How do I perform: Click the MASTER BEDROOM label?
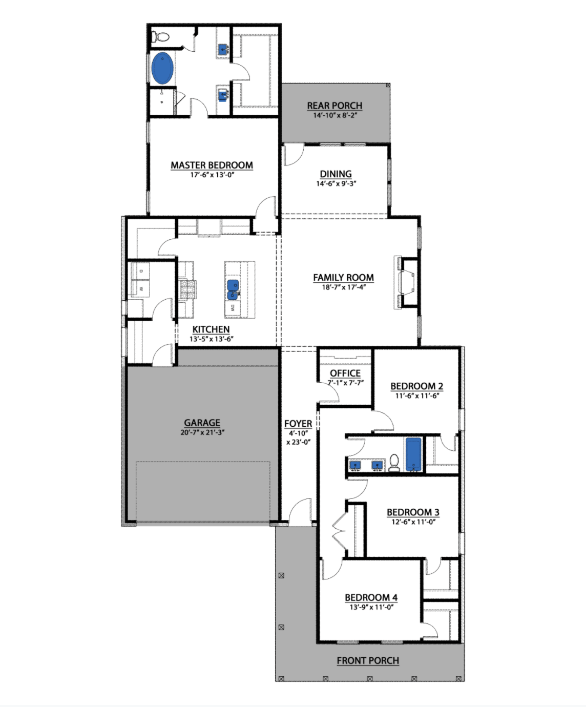(x=212, y=165)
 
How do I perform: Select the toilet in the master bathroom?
(x=160, y=36)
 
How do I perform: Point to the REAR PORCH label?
(x=334, y=106)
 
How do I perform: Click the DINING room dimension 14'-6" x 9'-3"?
(x=336, y=183)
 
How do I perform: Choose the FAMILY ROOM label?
(x=343, y=278)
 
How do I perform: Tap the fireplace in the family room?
(x=406, y=282)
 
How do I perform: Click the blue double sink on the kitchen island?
(x=233, y=290)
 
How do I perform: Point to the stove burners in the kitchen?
(x=188, y=290)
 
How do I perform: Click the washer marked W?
(x=141, y=288)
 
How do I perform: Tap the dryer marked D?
(x=141, y=271)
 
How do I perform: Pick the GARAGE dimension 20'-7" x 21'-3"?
(x=202, y=432)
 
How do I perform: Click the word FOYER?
(x=298, y=424)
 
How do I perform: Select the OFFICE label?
(x=345, y=373)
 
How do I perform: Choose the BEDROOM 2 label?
(x=417, y=386)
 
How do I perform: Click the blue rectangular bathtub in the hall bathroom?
(x=413, y=454)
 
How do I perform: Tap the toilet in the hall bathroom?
(x=394, y=463)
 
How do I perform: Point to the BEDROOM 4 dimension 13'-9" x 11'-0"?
(x=371, y=607)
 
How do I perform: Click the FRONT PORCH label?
(x=368, y=660)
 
